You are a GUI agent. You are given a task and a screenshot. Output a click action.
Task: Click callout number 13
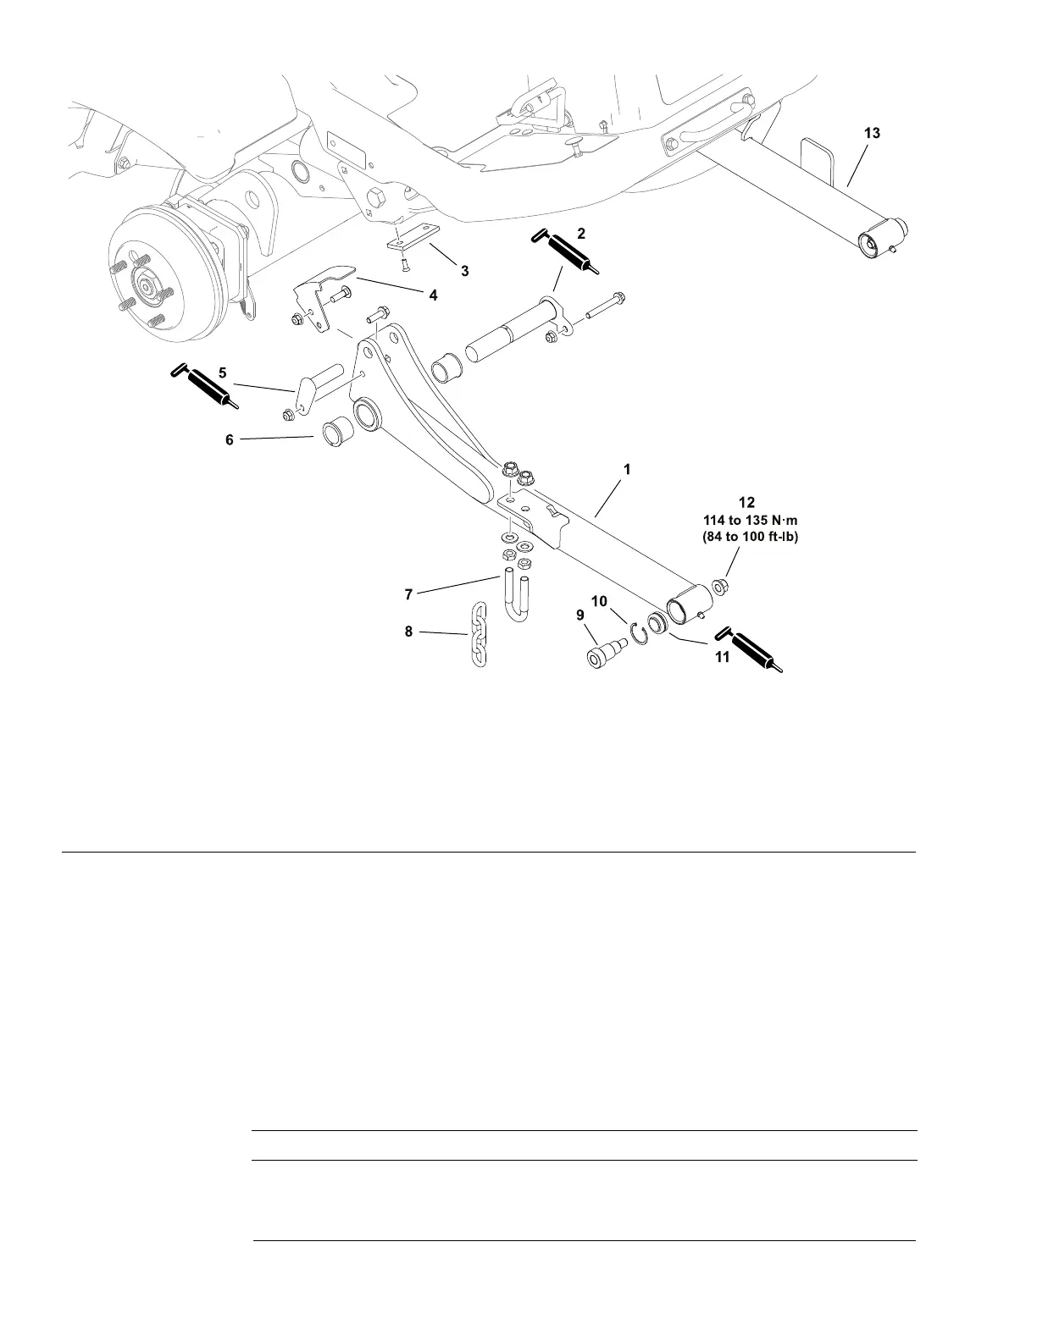coord(872,133)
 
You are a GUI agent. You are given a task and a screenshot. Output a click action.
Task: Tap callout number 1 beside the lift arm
coord(627,468)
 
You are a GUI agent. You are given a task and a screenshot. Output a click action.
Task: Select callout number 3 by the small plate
coord(464,271)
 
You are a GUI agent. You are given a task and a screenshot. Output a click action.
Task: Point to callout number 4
coord(433,295)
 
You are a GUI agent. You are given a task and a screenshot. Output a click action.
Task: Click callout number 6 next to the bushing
coord(230,439)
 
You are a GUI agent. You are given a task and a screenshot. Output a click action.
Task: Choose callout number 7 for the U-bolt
coord(408,594)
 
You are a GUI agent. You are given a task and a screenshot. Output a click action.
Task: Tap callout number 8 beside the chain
coord(408,631)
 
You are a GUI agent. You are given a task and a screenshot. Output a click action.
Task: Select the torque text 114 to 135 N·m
coord(750,520)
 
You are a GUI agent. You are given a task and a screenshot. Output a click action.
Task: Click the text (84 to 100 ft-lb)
coord(750,536)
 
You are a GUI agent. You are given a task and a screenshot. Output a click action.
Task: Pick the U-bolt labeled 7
coord(515,596)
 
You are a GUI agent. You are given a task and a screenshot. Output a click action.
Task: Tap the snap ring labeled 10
coord(639,632)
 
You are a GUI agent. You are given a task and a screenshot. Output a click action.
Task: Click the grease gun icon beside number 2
coord(567,251)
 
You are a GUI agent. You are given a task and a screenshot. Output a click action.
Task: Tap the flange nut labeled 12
coord(720,586)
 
